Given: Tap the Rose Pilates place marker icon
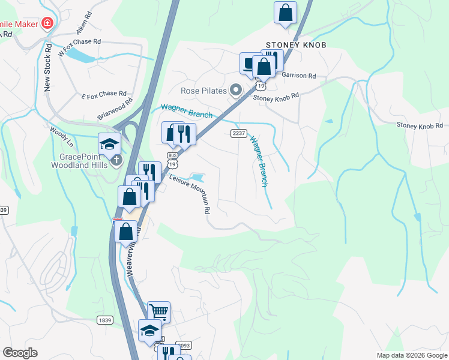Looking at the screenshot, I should click(236, 91).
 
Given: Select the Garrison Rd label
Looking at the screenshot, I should click(299, 76).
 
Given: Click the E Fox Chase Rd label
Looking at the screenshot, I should click(104, 95).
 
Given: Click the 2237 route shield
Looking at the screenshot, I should click(237, 133).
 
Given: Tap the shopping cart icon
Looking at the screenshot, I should click(158, 311).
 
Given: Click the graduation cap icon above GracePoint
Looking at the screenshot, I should click(110, 143).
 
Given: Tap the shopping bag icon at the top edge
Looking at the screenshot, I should click(286, 12).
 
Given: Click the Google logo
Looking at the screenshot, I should click(20, 353).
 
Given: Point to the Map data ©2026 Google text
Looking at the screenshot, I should click(411, 355).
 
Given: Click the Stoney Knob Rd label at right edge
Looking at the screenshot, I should click(419, 125).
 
